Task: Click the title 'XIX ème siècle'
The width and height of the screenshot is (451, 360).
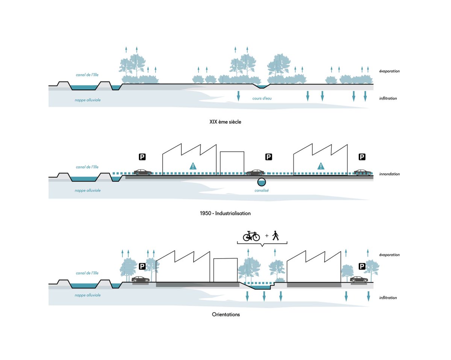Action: click(x=225, y=122)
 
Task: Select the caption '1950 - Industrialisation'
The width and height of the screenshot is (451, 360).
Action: click(x=225, y=213)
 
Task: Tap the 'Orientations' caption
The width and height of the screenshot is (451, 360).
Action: click(x=226, y=314)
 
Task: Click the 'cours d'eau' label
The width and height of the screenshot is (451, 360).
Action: click(x=262, y=98)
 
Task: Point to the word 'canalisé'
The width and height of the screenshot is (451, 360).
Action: click(x=262, y=190)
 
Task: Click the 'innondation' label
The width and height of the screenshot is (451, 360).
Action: click(x=389, y=174)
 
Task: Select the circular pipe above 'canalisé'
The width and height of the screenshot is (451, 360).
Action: click(x=262, y=182)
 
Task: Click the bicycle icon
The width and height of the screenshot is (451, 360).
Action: click(x=251, y=236)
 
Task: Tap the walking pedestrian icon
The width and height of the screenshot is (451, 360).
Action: click(x=275, y=236)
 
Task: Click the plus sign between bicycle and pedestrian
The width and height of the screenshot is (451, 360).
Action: click(x=267, y=236)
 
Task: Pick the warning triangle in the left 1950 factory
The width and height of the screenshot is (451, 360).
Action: click(x=193, y=166)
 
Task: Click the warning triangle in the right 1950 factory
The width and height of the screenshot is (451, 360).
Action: click(x=321, y=166)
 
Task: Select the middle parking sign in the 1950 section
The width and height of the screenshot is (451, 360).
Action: click(x=269, y=157)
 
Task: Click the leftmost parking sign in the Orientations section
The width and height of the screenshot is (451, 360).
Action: click(x=142, y=266)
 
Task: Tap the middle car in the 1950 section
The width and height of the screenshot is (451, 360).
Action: click(x=255, y=172)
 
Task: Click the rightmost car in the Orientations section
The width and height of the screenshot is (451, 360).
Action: click(x=359, y=279)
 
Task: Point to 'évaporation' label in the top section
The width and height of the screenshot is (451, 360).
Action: click(x=389, y=71)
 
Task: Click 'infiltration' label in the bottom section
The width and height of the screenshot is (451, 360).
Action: click(x=388, y=298)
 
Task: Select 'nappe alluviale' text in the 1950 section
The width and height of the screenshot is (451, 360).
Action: click(x=88, y=191)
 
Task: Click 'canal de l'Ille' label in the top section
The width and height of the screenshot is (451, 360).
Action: click(x=87, y=75)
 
